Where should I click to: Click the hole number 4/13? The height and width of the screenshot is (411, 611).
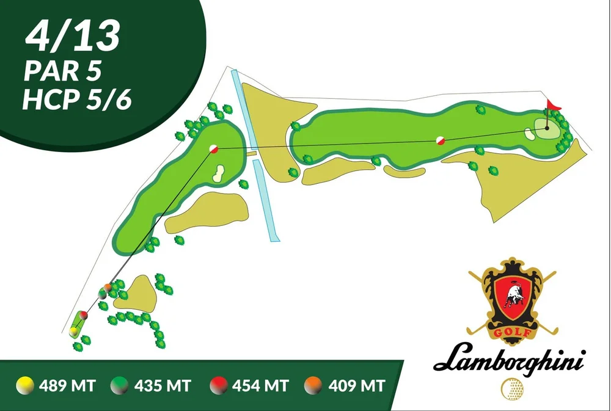[72, 36]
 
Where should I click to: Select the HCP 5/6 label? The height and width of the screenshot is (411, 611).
[77, 100]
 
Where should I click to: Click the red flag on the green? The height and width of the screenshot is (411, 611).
[553, 106]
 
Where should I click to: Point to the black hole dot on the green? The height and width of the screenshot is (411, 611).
[547, 128]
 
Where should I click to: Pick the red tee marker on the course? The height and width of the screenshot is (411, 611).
[84, 315]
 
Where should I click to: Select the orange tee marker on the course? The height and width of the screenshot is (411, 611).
[108, 286]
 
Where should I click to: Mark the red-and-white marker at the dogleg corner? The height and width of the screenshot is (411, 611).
[214, 148]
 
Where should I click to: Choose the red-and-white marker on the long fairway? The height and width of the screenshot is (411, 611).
[439, 140]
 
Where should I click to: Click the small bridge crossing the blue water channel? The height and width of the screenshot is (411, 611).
[251, 154]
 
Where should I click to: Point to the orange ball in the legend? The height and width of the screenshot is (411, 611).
[314, 385]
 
